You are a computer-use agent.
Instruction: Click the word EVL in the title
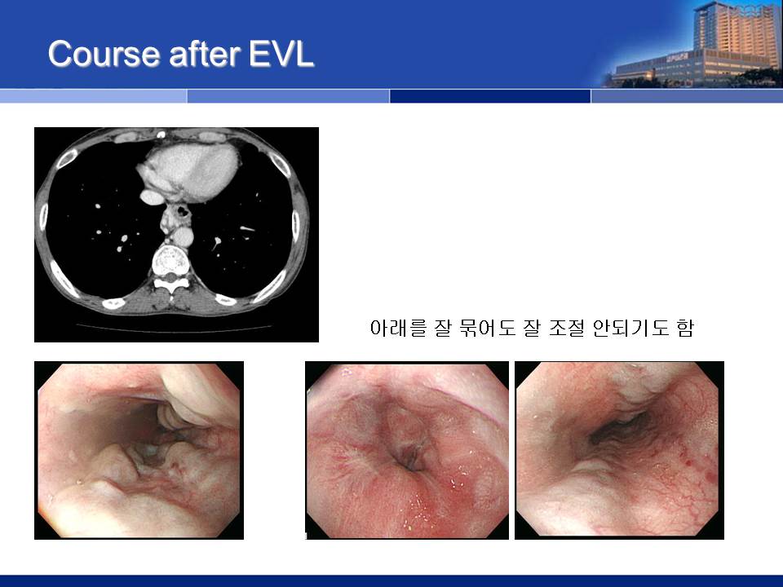(x=281, y=54)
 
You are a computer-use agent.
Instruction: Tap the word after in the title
(x=205, y=54)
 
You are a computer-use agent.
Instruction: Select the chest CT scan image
(x=176, y=235)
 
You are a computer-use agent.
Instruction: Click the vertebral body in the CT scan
(x=170, y=259)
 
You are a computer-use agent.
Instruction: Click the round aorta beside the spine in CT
(x=183, y=236)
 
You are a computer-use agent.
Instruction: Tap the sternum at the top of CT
(x=161, y=135)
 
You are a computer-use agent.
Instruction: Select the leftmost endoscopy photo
(x=139, y=450)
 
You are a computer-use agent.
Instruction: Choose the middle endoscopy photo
(x=407, y=450)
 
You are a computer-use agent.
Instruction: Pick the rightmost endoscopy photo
(x=619, y=450)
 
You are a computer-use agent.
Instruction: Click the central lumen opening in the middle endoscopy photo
(x=410, y=459)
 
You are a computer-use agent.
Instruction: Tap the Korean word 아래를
(x=398, y=328)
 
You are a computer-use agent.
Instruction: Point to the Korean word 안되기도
(x=630, y=328)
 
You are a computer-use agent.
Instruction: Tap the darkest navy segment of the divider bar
(x=490, y=96)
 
